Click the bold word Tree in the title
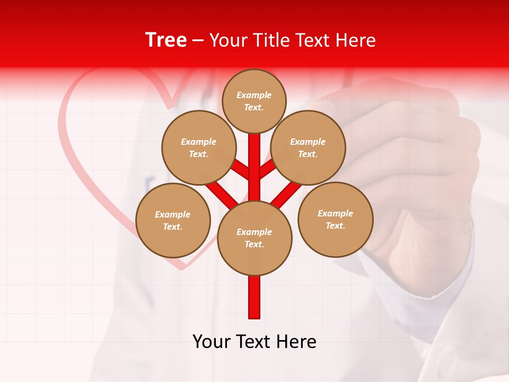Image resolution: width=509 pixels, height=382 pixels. pos(166,40)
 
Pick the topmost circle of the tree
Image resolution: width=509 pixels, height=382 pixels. pos(254,101)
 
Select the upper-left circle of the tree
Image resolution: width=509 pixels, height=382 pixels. pos(198,147)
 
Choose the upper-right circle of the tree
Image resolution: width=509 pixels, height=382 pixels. pos(308,147)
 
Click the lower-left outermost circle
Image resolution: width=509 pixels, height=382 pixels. pos(173,220)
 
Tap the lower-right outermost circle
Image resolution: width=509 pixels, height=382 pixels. pos(336,219)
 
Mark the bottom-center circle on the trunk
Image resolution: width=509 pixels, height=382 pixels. pos(254,238)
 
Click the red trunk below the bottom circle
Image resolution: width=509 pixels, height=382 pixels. pos(254,297)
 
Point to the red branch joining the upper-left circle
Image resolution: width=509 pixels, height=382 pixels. pos(240,171)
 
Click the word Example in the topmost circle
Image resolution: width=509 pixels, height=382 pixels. pos(254,95)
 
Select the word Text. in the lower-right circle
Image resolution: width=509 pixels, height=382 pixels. pos(335,225)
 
